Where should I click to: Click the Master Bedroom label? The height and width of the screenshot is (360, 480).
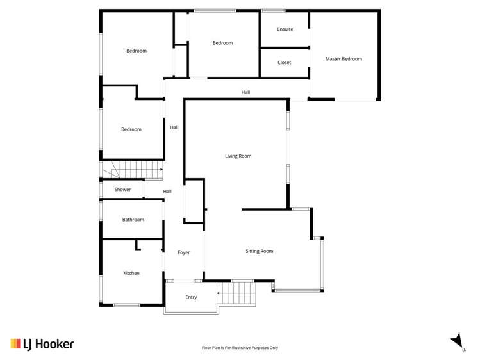tap(343, 59)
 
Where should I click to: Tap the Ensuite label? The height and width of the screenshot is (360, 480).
tap(285, 29)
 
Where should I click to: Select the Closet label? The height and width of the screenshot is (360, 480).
tap(284, 63)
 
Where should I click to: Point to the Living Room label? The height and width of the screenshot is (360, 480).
tap(238, 156)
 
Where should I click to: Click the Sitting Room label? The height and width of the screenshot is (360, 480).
tap(260, 251)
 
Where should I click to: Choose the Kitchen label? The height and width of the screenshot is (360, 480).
tap(131, 273)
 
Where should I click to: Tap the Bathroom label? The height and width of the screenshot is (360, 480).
tap(133, 220)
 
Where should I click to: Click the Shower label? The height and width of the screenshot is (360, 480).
tap(122, 190)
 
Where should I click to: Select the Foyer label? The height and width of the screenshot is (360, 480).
tap(183, 252)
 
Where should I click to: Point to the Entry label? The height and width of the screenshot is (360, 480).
tap(191, 297)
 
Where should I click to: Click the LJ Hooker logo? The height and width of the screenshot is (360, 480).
tap(42, 344)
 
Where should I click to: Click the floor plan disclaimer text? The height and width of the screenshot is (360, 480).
tap(240, 348)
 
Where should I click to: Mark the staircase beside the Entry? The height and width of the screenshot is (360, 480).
tap(237, 294)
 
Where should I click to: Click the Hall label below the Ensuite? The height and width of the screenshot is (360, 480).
tap(245, 92)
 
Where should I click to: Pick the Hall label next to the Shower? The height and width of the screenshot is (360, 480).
tap(167, 191)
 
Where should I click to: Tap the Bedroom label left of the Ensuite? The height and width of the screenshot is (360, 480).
tap(222, 43)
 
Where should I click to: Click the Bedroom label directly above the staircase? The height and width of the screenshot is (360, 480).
tap(131, 129)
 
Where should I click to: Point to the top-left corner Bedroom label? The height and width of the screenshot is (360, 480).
tap(136, 51)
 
